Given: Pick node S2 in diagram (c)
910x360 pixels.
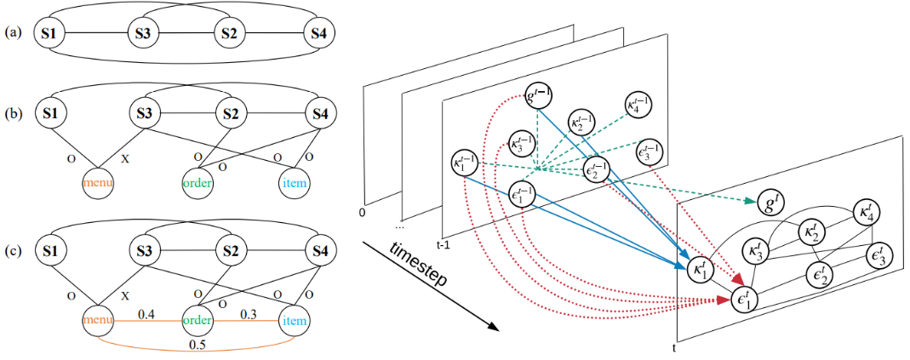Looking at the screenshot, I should pos(230,252).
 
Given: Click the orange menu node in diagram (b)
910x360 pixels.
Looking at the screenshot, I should pos(96,181).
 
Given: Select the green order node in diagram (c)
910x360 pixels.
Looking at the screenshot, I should pos(195,322).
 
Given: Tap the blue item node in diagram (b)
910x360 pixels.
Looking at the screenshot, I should pos(293,182).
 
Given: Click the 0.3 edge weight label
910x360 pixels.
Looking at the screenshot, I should pos(248,314).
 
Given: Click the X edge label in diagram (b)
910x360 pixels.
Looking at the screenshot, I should pos(125,157).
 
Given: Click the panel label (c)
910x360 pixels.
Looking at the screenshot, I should pos(12,252).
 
